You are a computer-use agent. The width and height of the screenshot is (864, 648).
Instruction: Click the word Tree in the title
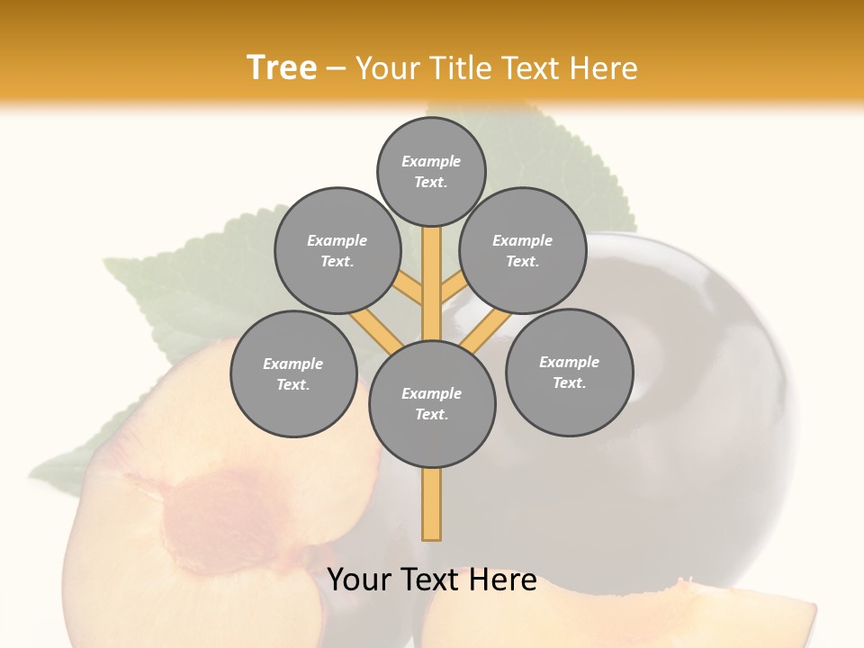[x=282, y=67]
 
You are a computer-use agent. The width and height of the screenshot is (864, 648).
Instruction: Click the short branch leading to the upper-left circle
[x=408, y=290]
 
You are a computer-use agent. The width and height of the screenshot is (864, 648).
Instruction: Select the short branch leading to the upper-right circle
[x=453, y=289]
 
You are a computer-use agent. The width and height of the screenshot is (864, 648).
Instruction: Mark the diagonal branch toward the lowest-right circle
[x=486, y=328]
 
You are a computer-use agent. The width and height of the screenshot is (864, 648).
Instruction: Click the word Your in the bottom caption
[x=358, y=580]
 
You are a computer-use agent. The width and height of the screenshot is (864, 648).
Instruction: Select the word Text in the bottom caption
[x=432, y=580]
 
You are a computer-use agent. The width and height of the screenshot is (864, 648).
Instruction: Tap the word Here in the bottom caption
[x=504, y=580]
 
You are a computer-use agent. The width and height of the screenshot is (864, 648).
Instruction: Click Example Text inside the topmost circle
[x=431, y=171]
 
